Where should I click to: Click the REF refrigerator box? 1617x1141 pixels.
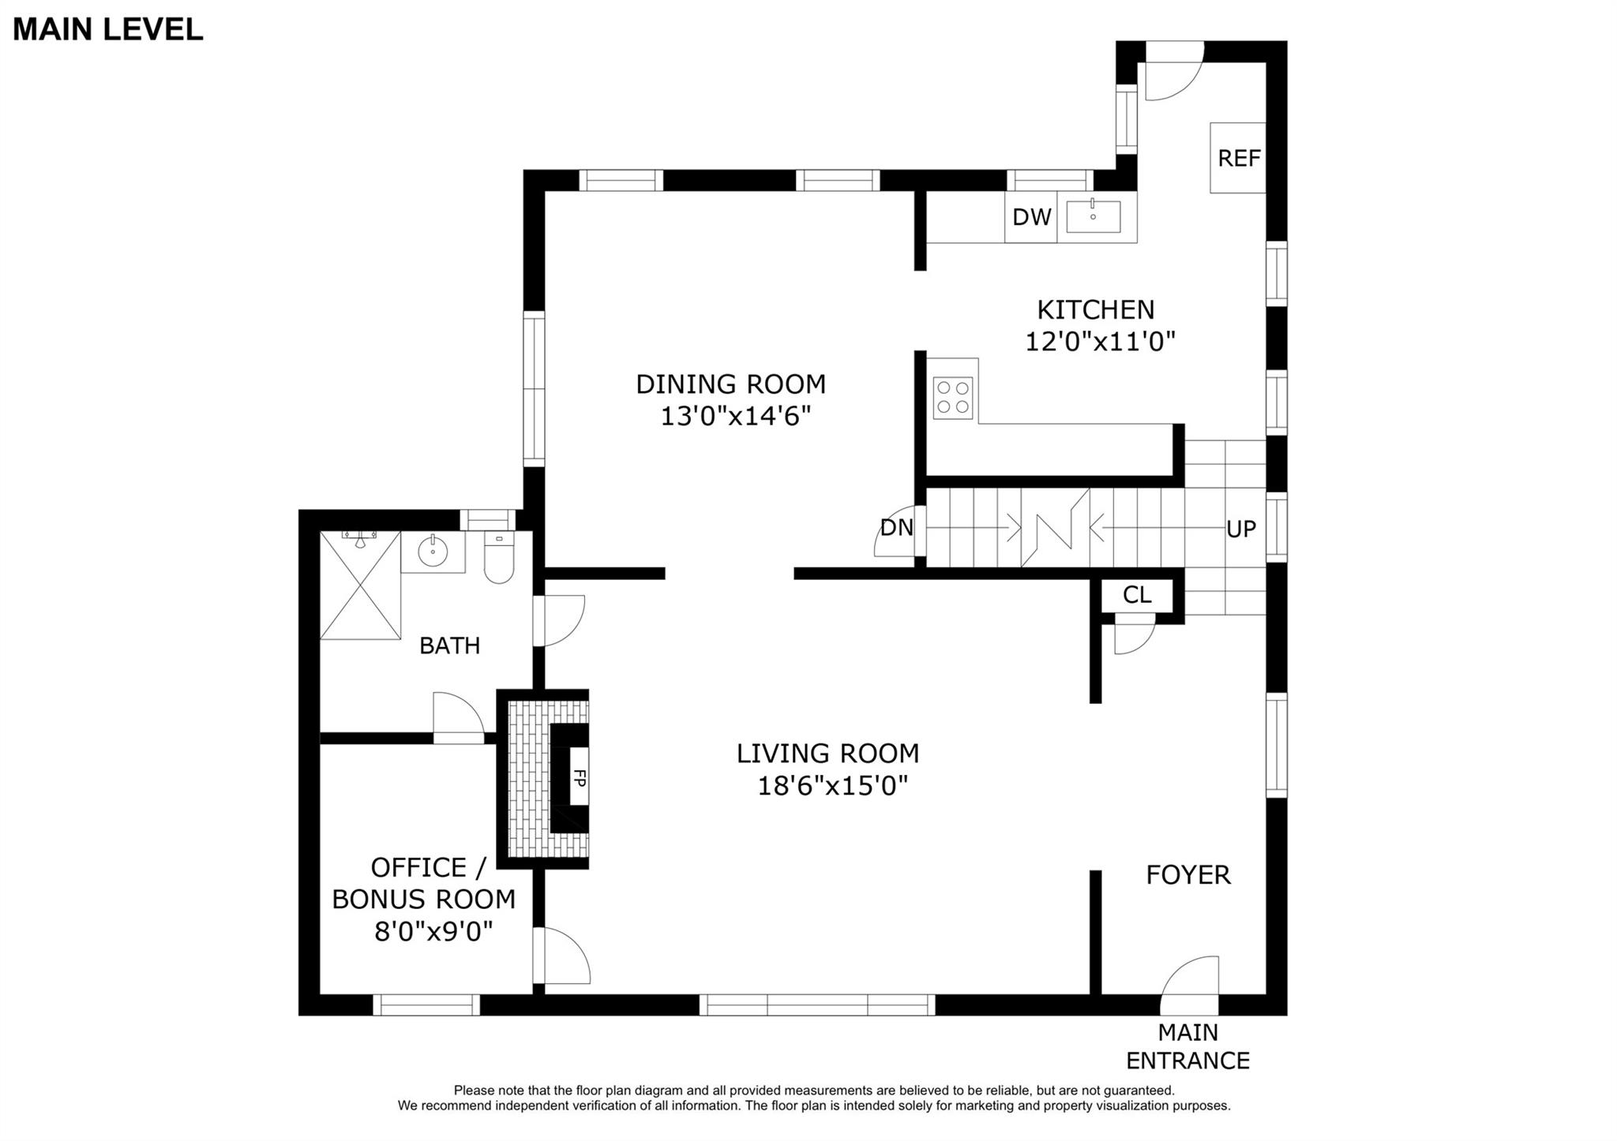point(1238,158)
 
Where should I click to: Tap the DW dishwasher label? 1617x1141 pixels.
point(1032,217)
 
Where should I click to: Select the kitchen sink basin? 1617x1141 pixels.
point(1094,216)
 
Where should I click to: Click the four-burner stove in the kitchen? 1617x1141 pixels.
point(953,398)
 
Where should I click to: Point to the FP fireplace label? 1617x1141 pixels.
point(580,778)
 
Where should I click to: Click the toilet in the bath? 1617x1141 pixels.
point(498,557)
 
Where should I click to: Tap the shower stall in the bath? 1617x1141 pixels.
point(360,585)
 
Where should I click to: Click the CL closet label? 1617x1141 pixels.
point(1137,594)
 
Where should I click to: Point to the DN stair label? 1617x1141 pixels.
point(897,527)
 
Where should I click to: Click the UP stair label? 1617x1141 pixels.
point(1240,529)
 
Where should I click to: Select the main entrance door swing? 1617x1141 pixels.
point(1189,986)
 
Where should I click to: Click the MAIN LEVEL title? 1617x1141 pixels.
point(108,29)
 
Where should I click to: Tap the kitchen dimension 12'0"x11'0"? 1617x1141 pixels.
point(1101,342)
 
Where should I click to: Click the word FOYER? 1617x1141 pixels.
point(1188,875)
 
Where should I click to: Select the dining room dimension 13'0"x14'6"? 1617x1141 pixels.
point(736,416)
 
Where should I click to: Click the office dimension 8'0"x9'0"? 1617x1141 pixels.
point(433,932)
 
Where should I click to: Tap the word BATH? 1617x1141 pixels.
point(450,645)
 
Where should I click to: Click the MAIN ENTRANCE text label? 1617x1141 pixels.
point(1188,1046)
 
